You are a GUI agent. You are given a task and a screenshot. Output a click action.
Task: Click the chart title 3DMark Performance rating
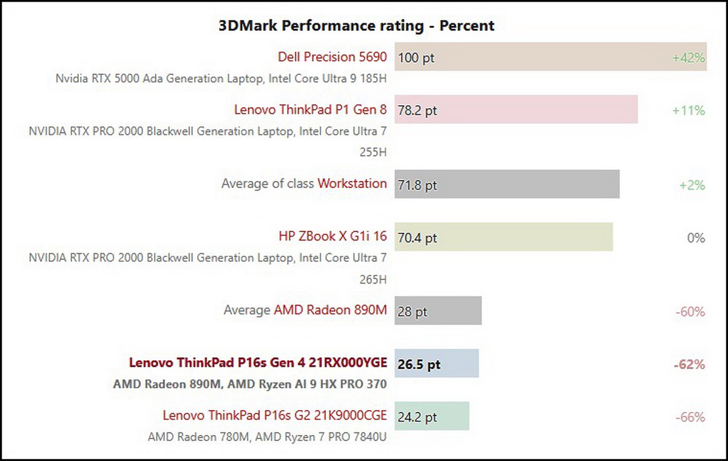(x=356, y=26)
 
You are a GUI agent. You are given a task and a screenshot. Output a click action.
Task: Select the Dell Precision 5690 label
(x=332, y=57)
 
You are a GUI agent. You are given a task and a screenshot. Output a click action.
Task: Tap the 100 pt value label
(x=417, y=58)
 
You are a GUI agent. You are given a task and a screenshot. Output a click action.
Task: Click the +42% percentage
(x=688, y=58)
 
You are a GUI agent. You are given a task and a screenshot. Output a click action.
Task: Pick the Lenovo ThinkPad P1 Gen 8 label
(x=310, y=110)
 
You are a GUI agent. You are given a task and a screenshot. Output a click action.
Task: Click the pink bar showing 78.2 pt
(x=516, y=110)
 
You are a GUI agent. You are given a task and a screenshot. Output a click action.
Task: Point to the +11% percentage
(x=688, y=111)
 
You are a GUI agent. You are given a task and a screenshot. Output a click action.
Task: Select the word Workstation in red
(x=352, y=183)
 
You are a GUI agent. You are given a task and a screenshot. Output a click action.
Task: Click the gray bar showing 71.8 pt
(x=507, y=185)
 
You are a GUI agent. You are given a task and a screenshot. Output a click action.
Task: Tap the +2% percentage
(x=692, y=185)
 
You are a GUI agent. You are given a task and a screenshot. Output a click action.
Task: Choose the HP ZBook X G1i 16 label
(x=332, y=236)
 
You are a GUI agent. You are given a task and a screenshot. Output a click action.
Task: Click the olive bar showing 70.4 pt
(x=504, y=237)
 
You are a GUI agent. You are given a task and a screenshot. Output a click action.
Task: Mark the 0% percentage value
(x=696, y=237)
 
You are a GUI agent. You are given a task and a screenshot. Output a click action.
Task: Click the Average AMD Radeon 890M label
(x=305, y=310)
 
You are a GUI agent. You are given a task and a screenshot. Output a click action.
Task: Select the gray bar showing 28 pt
(x=438, y=311)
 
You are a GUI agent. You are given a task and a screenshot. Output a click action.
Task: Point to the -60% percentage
(x=690, y=312)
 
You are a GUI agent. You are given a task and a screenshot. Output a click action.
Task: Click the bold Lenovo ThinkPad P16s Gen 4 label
(x=257, y=363)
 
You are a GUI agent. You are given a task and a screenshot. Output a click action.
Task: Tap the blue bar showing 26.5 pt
(x=437, y=364)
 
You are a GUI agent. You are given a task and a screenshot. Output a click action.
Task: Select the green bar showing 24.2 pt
(x=431, y=417)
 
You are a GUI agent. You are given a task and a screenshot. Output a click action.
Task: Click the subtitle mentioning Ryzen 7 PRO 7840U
(x=267, y=437)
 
